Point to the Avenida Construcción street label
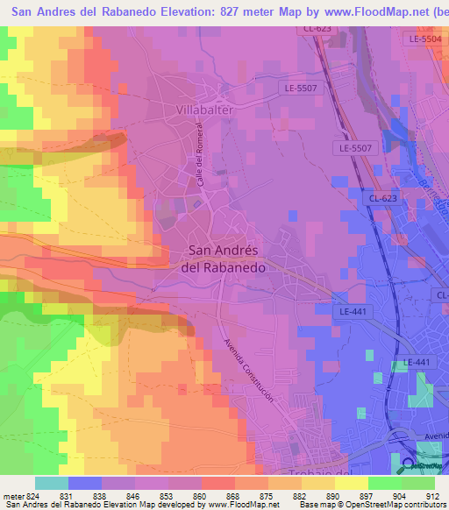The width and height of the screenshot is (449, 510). [249, 371]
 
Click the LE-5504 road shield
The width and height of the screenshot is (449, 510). [425, 39]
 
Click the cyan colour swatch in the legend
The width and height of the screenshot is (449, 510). [52, 483]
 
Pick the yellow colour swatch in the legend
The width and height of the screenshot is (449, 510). [352, 483]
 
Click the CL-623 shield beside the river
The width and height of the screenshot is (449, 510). [382, 199]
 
